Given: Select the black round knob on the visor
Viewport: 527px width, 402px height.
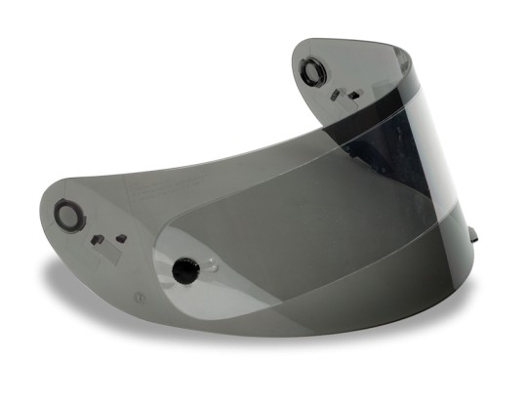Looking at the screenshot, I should pos(182,268).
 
